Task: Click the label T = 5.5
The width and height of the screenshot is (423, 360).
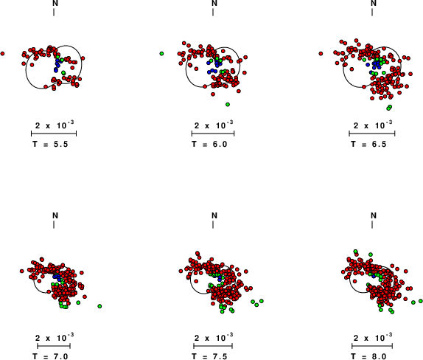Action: pyautogui.click(x=50, y=144)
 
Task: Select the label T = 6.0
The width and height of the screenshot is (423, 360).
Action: pyautogui.click(x=209, y=144)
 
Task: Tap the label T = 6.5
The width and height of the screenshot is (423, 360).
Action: pyautogui.click(x=368, y=144)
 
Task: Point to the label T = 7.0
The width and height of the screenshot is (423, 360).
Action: pyautogui.click(x=50, y=356)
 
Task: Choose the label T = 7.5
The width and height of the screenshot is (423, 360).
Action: pyautogui.click(x=209, y=356)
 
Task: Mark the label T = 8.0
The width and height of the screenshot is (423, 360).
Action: pyautogui.click(x=368, y=356)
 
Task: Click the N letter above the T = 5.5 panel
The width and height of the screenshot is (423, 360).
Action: pyautogui.click(x=55, y=3)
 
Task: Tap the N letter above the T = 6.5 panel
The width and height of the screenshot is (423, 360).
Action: pyautogui.click(x=374, y=3)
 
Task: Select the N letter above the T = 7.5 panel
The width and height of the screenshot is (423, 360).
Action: pyautogui.click(x=214, y=215)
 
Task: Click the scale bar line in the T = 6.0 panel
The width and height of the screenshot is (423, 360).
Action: pyautogui.click(x=213, y=134)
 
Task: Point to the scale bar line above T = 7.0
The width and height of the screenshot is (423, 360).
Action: pyautogui.click(x=54, y=346)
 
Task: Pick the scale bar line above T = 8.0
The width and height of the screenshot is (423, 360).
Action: pyautogui.click(x=372, y=346)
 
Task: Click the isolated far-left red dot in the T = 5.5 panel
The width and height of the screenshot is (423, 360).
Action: pyautogui.click(x=2, y=54)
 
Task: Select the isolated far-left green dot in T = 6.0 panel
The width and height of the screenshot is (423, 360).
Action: pyautogui.click(x=161, y=54)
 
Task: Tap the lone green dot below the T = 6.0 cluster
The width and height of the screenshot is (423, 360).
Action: pyautogui.click(x=228, y=105)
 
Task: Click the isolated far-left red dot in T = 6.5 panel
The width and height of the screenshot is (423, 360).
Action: pyautogui.click(x=321, y=54)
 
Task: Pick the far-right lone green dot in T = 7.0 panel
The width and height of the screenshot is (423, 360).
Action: pyautogui.click(x=99, y=306)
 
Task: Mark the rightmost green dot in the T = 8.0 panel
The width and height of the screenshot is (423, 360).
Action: pyautogui.click(x=421, y=301)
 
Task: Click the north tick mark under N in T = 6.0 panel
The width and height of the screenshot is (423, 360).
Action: pyautogui.click(x=213, y=12)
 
